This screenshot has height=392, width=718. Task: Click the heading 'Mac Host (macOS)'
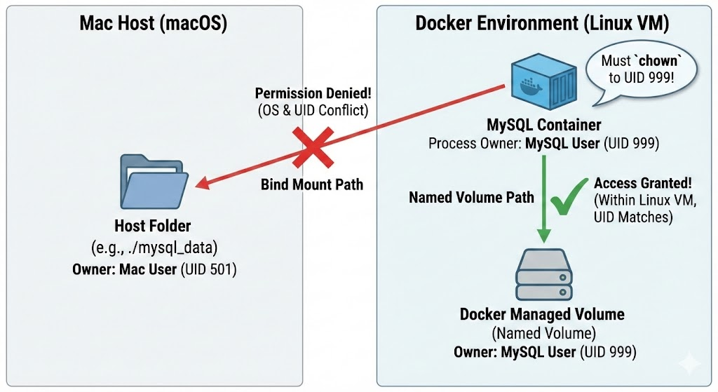(x=153, y=23)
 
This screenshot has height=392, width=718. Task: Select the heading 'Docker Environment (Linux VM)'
(x=543, y=23)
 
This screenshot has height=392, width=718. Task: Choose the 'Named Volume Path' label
(x=471, y=197)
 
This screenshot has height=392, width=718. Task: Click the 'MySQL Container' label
(x=544, y=126)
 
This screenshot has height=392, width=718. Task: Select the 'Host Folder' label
(x=153, y=226)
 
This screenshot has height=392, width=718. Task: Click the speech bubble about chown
(x=639, y=69)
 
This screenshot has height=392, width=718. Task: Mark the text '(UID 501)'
(x=208, y=269)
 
